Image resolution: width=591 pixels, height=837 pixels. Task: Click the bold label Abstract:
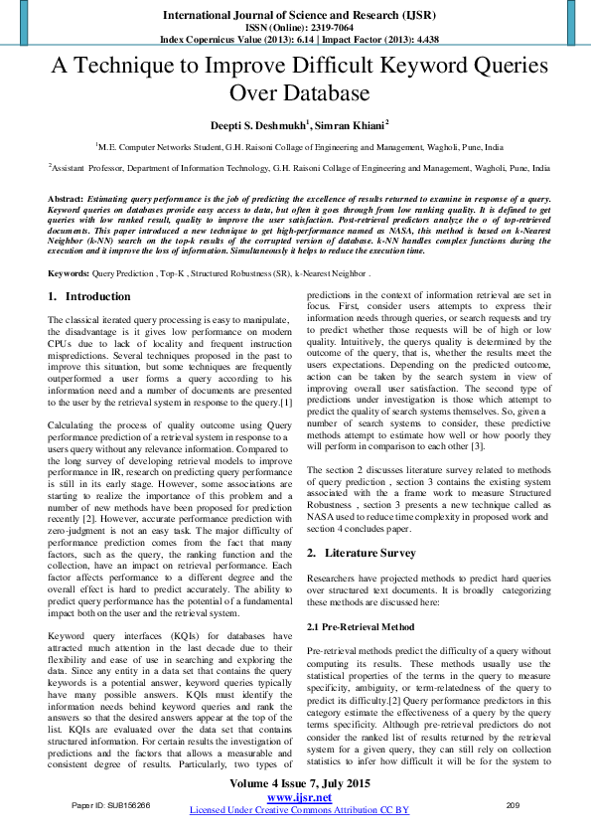click(66, 200)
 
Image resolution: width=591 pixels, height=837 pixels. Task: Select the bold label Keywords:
click(70, 271)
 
